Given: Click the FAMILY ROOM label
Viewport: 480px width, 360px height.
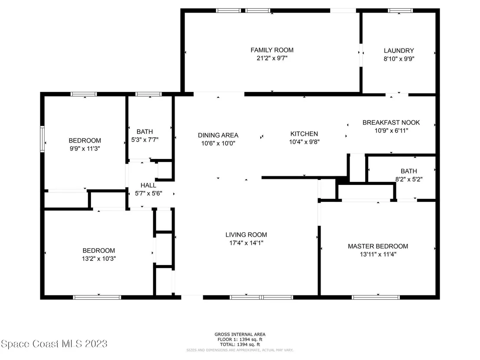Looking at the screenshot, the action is tap(272, 50).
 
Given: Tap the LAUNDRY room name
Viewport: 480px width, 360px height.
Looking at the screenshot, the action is tap(399, 51).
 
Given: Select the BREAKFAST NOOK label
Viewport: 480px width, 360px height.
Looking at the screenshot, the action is tap(391, 123).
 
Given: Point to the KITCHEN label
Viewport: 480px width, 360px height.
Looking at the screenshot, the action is tap(304, 134).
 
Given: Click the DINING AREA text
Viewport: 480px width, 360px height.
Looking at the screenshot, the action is tap(218, 135).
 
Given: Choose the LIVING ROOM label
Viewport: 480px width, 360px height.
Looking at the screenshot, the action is tap(246, 235).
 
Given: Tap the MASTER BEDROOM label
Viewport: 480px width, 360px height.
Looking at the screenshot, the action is tap(378, 246).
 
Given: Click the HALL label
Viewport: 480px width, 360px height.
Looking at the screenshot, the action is tap(148, 185).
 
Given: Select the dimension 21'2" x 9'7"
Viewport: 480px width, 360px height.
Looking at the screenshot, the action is tap(272, 58).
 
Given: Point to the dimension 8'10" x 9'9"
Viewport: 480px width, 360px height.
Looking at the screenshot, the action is tap(399, 59).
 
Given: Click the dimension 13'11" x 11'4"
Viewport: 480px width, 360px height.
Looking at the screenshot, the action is tap(378, 254).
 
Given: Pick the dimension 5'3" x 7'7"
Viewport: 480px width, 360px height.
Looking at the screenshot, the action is tap(145, 140).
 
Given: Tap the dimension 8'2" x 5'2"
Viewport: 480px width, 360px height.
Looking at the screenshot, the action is tap(409, 179).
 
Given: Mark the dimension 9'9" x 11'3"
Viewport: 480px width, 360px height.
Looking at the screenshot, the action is tap(85, 149).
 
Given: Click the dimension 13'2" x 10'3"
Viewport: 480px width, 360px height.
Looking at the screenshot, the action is tap(99, 259).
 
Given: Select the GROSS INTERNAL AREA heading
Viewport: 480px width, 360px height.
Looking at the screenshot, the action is tap(240, 334).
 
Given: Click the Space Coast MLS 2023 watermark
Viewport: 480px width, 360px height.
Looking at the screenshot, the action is tap(54, 344).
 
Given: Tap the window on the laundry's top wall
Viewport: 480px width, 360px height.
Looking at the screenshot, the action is tap(400, 11).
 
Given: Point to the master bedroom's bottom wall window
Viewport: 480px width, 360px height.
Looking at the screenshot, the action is tap(376, 297).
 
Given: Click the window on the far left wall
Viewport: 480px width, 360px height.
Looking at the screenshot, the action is tap(42, 139).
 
